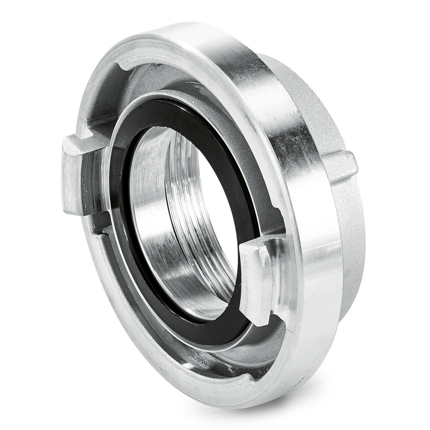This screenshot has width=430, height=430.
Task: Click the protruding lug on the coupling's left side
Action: tap(76, 174)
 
